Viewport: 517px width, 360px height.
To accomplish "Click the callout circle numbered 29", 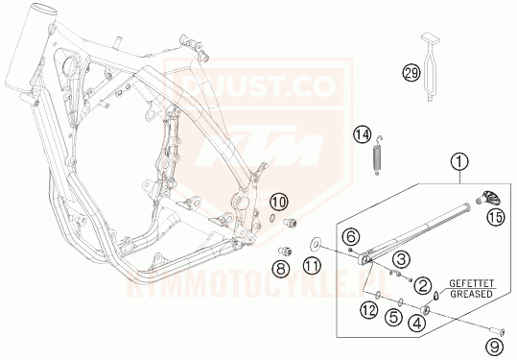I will coord(411,74).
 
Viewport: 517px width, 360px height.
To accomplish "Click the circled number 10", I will coord(278,202).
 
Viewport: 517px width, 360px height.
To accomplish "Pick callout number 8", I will coord(282,272).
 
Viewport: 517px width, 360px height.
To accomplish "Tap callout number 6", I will coord(351,236).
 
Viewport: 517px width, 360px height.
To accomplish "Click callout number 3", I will coord(402,257).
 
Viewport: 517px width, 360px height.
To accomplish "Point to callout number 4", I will coord(417,324).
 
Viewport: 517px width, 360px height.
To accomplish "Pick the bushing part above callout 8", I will coord(282,252).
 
